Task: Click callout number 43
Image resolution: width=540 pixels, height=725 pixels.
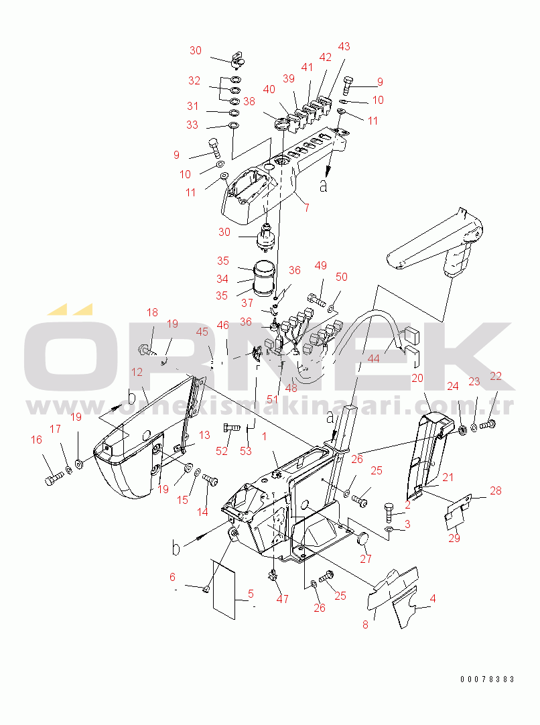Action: tap(344, 46)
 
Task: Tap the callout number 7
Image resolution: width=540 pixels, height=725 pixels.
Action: tap(306, 208)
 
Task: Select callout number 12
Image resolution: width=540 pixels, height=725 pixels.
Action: tap(137, 372)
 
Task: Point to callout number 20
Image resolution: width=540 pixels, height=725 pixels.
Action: tap(417, 378)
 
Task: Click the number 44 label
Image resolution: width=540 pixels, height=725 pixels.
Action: tap(373, 358)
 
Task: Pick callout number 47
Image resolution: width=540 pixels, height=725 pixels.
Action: tap(282, 598)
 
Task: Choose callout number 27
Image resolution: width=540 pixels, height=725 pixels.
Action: tap(366, 559)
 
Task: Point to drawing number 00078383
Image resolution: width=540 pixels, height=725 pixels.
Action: tap(487, 679)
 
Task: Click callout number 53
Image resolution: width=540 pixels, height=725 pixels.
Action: tap(246, 451)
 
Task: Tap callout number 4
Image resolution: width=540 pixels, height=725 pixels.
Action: tap(432, 598)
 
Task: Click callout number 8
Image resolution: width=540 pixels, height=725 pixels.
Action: tap(365, 624)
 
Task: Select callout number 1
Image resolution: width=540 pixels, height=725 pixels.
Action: tap(264, 436)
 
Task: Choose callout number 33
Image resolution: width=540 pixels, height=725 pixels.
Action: tap(192, 125)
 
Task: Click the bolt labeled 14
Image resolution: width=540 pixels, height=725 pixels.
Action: tap(212, 480)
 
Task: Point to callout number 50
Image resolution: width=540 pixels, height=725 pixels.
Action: tap(341, 277)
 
